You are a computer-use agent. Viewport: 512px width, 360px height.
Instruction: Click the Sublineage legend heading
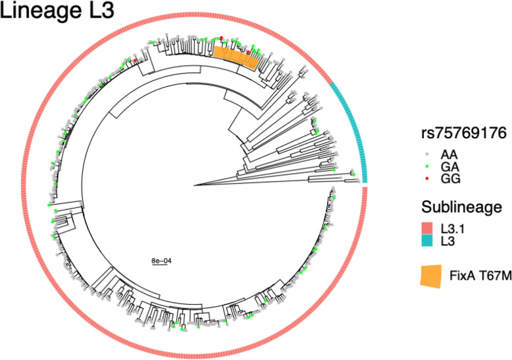coord(462,207)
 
